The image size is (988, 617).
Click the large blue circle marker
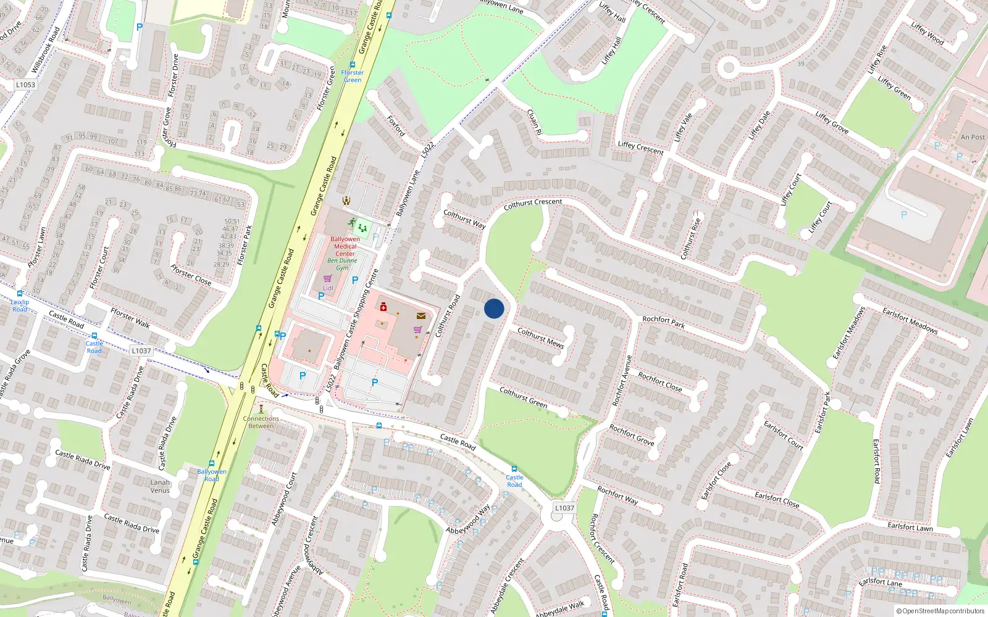494,308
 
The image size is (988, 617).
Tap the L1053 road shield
26,85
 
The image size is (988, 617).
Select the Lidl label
328,288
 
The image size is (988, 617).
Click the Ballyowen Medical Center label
345,246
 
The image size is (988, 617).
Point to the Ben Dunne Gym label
342,264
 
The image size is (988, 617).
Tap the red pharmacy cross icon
383,307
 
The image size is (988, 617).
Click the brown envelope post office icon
421,316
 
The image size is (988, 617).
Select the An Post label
973,138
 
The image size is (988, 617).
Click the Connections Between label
261,422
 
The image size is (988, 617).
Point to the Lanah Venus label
160,486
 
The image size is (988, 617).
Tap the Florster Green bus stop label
353,76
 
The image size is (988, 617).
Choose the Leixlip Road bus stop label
20,305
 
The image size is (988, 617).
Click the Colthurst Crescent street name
533,204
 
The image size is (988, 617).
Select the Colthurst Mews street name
541,338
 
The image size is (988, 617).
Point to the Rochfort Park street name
664,322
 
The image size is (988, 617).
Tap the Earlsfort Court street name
784,435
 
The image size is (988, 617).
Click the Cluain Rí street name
534,122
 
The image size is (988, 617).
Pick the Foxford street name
396,125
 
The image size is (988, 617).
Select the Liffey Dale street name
759,125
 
